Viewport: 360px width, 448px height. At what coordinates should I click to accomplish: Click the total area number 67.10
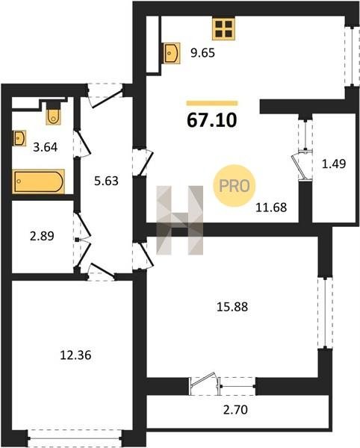[x=211, y=120]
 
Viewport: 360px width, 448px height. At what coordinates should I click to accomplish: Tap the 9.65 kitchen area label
[x=202, y=53]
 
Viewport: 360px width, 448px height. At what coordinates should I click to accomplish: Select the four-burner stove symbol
[x=223, y=29]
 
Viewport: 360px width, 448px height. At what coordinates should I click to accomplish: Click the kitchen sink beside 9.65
[x=172, y=53]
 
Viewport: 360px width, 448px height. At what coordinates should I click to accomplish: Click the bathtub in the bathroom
[x=39, y=181]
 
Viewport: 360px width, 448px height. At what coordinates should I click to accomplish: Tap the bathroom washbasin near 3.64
[x=19, y=138]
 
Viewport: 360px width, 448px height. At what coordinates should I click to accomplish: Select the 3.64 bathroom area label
[x=45, y=147]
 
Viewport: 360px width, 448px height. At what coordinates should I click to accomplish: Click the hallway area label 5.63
[x=106, y=181]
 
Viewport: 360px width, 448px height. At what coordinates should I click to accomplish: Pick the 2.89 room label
[x=42, y=236]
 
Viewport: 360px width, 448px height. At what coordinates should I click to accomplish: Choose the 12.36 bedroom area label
[x=75, y=355]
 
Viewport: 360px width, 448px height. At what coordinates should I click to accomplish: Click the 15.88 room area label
[x=232, y=307]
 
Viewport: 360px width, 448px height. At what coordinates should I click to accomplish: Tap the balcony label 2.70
[x=235, y=410]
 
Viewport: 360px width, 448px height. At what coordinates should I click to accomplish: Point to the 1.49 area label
[x=334, y=164]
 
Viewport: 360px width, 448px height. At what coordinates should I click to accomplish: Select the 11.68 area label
[x=271, y=208]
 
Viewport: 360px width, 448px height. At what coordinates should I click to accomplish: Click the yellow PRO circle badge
[x=235, y=186]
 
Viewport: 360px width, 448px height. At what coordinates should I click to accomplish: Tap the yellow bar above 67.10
[x=212, y=103]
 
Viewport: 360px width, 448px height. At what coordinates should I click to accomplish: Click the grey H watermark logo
[x=180, y=220]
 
